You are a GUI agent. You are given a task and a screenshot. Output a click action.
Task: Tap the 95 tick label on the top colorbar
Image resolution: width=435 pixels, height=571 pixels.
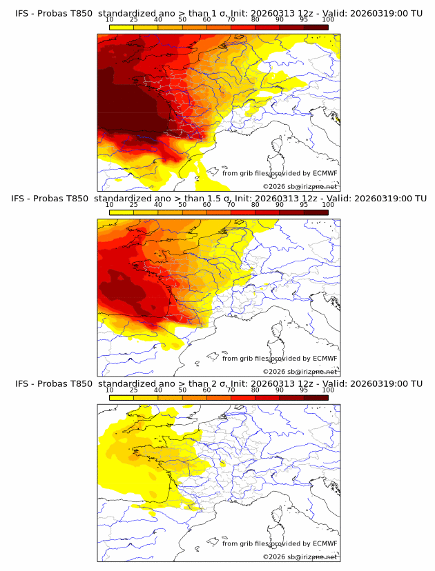tap(304, 19)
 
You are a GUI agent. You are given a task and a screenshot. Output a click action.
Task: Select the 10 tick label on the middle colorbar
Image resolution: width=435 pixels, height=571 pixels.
tap(109, 205)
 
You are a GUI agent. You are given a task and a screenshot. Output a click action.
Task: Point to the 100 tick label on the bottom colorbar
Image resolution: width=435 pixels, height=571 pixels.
tap(328, 390)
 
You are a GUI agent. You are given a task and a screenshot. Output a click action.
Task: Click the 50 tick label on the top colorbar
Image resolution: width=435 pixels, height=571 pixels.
tap(182, 19)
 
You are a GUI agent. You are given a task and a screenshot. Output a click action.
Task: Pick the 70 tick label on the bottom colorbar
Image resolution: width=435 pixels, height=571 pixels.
tap(231, 390)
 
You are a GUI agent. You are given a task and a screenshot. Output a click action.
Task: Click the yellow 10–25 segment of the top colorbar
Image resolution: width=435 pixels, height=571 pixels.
tap(122, 27)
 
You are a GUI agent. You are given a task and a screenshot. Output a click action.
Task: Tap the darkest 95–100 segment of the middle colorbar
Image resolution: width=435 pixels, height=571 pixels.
tap(316, 212)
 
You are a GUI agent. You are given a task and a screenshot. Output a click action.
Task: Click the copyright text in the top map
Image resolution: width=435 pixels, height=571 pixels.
tap(300, 187)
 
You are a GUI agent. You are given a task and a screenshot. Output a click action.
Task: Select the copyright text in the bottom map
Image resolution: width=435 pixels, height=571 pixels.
tap(300, 557)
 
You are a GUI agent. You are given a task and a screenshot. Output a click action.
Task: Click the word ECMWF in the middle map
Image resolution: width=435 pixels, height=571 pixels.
tap(325, 359)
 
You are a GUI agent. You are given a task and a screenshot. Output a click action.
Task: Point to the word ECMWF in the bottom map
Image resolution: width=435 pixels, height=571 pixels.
tap(325, 543)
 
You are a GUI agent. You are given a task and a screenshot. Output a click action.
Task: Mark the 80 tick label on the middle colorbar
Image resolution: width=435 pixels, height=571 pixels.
tap(255, 205)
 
